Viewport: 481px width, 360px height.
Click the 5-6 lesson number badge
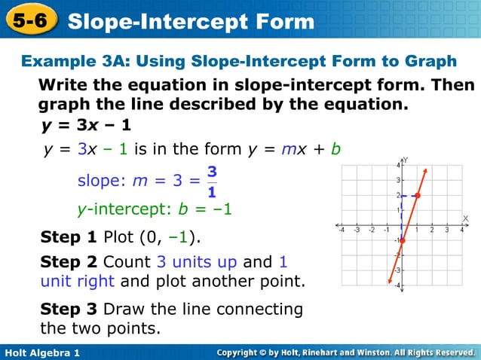tap(30, 20)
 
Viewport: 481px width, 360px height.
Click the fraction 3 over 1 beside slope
tap(211, 182)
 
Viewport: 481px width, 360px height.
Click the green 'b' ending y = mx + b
tap(336, 150)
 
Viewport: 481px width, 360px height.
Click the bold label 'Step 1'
tap(68, 239)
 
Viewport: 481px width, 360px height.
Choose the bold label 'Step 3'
tap(68, 309)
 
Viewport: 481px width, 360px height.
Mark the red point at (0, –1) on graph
tap(402, 240)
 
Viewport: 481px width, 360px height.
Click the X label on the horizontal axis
tap(465, 218)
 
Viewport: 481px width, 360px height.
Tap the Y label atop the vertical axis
tap(406, 160)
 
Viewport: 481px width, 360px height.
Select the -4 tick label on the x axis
tap(341, 230)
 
